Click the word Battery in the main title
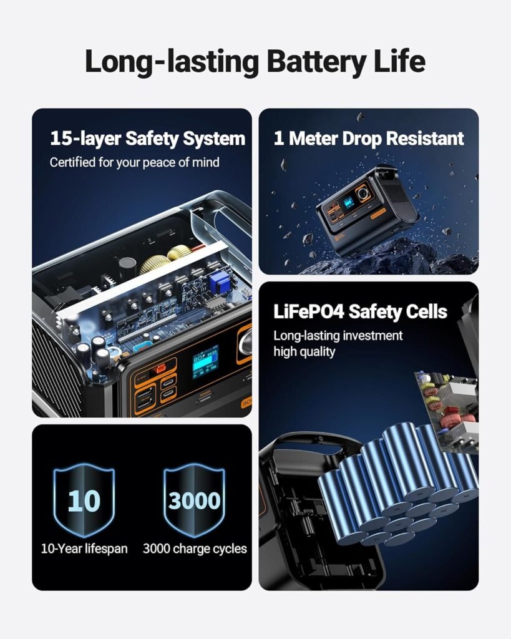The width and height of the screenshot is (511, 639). click(x=316, y=62)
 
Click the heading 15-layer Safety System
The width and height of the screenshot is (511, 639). click(x=147, y=139)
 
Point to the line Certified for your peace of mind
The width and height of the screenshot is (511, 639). click(x=135, y=162)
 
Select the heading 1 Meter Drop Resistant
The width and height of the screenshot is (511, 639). click(x=369, y=139)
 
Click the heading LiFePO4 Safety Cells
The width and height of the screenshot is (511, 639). click(x=360, y=312)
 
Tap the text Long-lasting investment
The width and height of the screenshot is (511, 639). click(x=338, y=335)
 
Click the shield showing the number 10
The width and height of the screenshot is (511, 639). click(x=84, y=500)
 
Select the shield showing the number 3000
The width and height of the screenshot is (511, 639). click(x=194, y=500)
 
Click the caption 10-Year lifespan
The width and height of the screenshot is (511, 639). click(x=84, y=549)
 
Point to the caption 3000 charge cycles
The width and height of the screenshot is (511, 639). click(x=195, y=549)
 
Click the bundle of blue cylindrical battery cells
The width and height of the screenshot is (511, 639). click(x=397, y=483)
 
